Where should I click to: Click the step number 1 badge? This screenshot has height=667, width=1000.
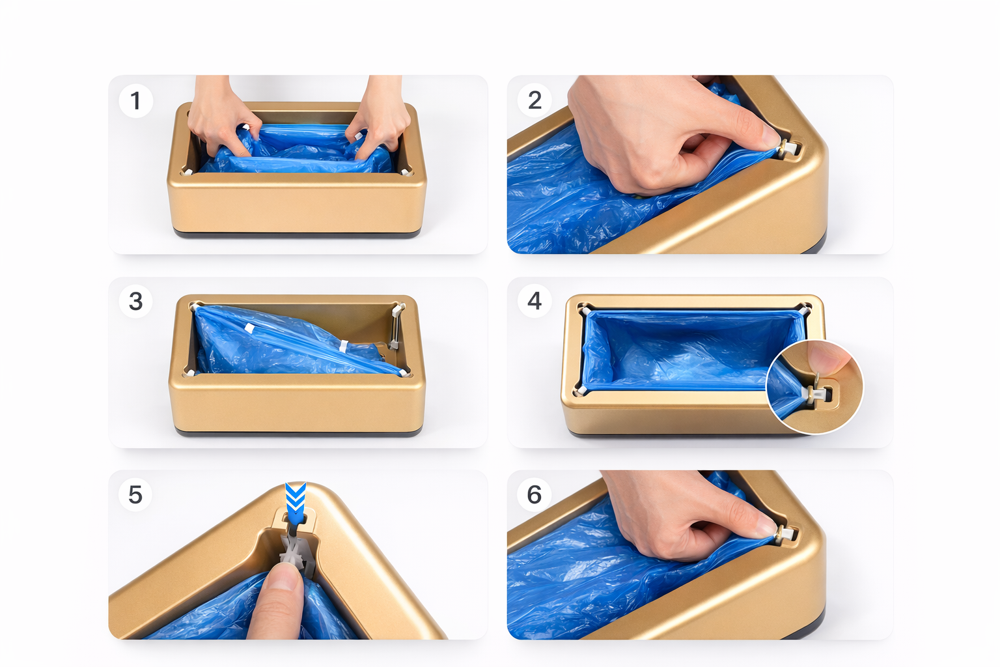(x=135, y=100)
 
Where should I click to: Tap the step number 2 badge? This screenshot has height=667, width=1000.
(x=535, y=100)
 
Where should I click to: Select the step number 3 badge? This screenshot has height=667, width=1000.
(x=135, y=301)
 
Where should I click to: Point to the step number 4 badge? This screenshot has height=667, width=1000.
(x=535, y=301)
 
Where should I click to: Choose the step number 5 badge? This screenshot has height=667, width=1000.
(x=135, y=494)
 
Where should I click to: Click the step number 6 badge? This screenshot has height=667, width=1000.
(x=535, y=494)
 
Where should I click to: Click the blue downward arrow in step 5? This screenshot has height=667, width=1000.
(x=295, y=503)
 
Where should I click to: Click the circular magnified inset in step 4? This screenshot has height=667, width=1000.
(x=814, y=387)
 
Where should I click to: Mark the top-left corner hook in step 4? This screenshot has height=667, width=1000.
(x=585, y=309)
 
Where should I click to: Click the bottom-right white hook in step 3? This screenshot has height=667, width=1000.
(x=404, y=373)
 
